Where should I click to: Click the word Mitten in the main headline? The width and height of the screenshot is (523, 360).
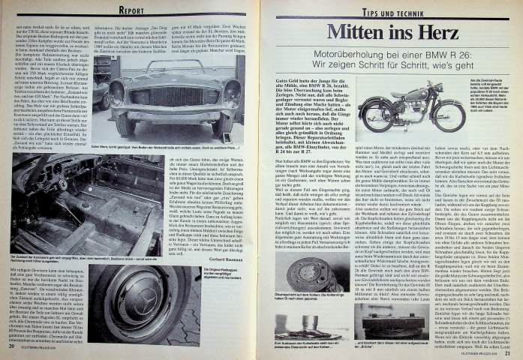click(361, 33)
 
